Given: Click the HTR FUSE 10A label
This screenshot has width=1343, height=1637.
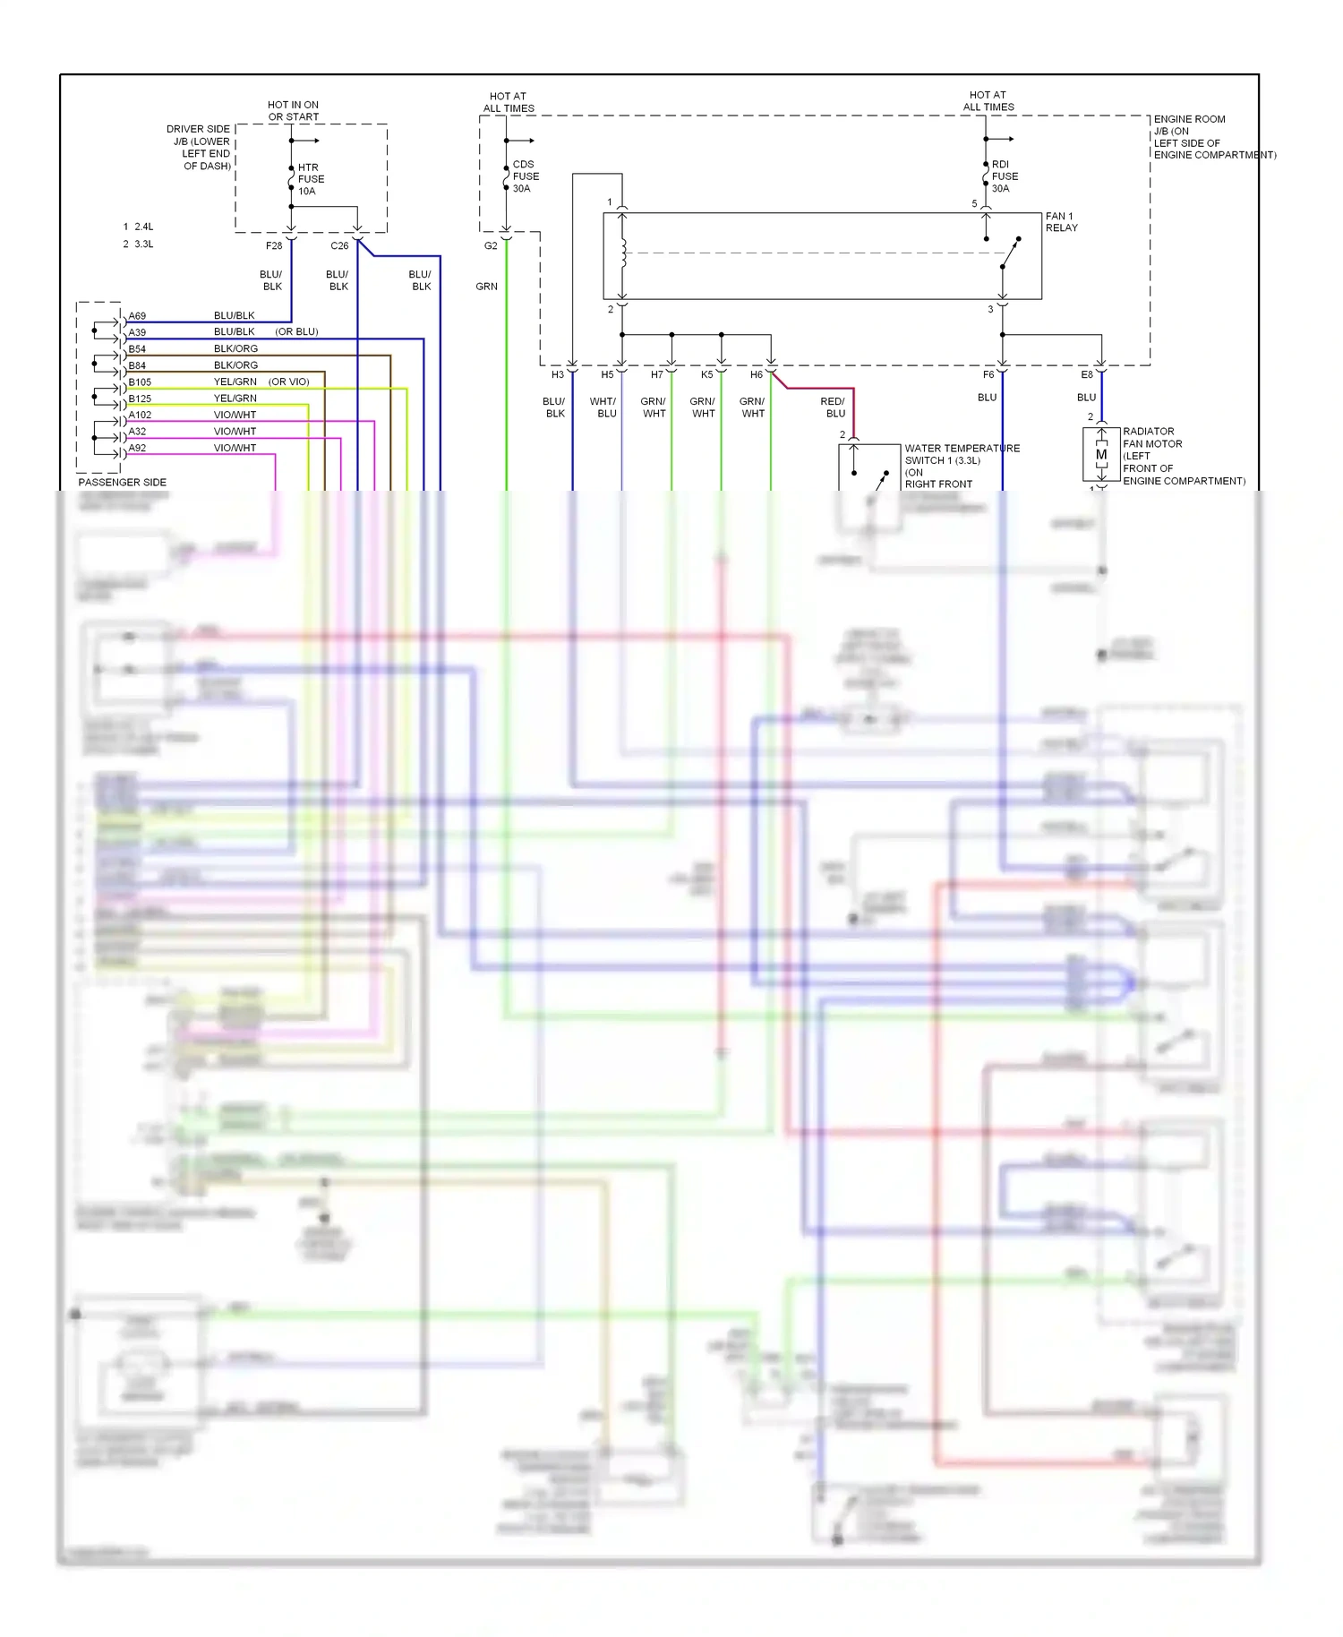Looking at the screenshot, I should click(x=310, y=179).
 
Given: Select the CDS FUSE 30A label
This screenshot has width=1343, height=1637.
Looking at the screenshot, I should click(x=525, y=176).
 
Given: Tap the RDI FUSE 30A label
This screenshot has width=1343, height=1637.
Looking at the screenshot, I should click(x=1004, y=176).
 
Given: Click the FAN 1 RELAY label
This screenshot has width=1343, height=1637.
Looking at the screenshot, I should click(x=1061, y=222).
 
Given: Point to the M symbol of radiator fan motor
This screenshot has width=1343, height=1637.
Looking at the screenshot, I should click(x=1101, y=455).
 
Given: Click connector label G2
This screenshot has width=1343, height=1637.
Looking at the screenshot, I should click(x=491, y=245).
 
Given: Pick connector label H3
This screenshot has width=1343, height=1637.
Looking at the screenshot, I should click(x=558, y=374).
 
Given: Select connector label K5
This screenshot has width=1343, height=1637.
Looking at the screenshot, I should click(x=707, y=374).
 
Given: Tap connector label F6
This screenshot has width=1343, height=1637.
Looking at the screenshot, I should click(x=988, y=374).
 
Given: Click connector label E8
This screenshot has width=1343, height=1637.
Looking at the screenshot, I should click(x=1087, y=374).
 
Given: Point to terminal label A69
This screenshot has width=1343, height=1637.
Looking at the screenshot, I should click(x=137, y=316).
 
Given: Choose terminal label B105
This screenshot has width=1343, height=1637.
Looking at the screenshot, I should click(x=140, y=382).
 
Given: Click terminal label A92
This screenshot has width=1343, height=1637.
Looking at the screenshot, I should click(x=137, y=448).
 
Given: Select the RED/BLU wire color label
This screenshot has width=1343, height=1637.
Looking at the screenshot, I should click(x=834, y=407).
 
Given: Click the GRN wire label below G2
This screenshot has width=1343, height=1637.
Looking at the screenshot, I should click(x=486, y=287).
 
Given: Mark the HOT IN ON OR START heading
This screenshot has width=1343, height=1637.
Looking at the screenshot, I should click(x=293, y=111).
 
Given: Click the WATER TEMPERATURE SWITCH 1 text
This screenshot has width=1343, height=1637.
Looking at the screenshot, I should click(x=962, y=454).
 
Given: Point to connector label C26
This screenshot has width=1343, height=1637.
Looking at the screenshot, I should click(x=339, y=245).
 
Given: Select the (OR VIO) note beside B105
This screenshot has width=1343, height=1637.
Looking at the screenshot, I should click(x=288, y=382).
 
